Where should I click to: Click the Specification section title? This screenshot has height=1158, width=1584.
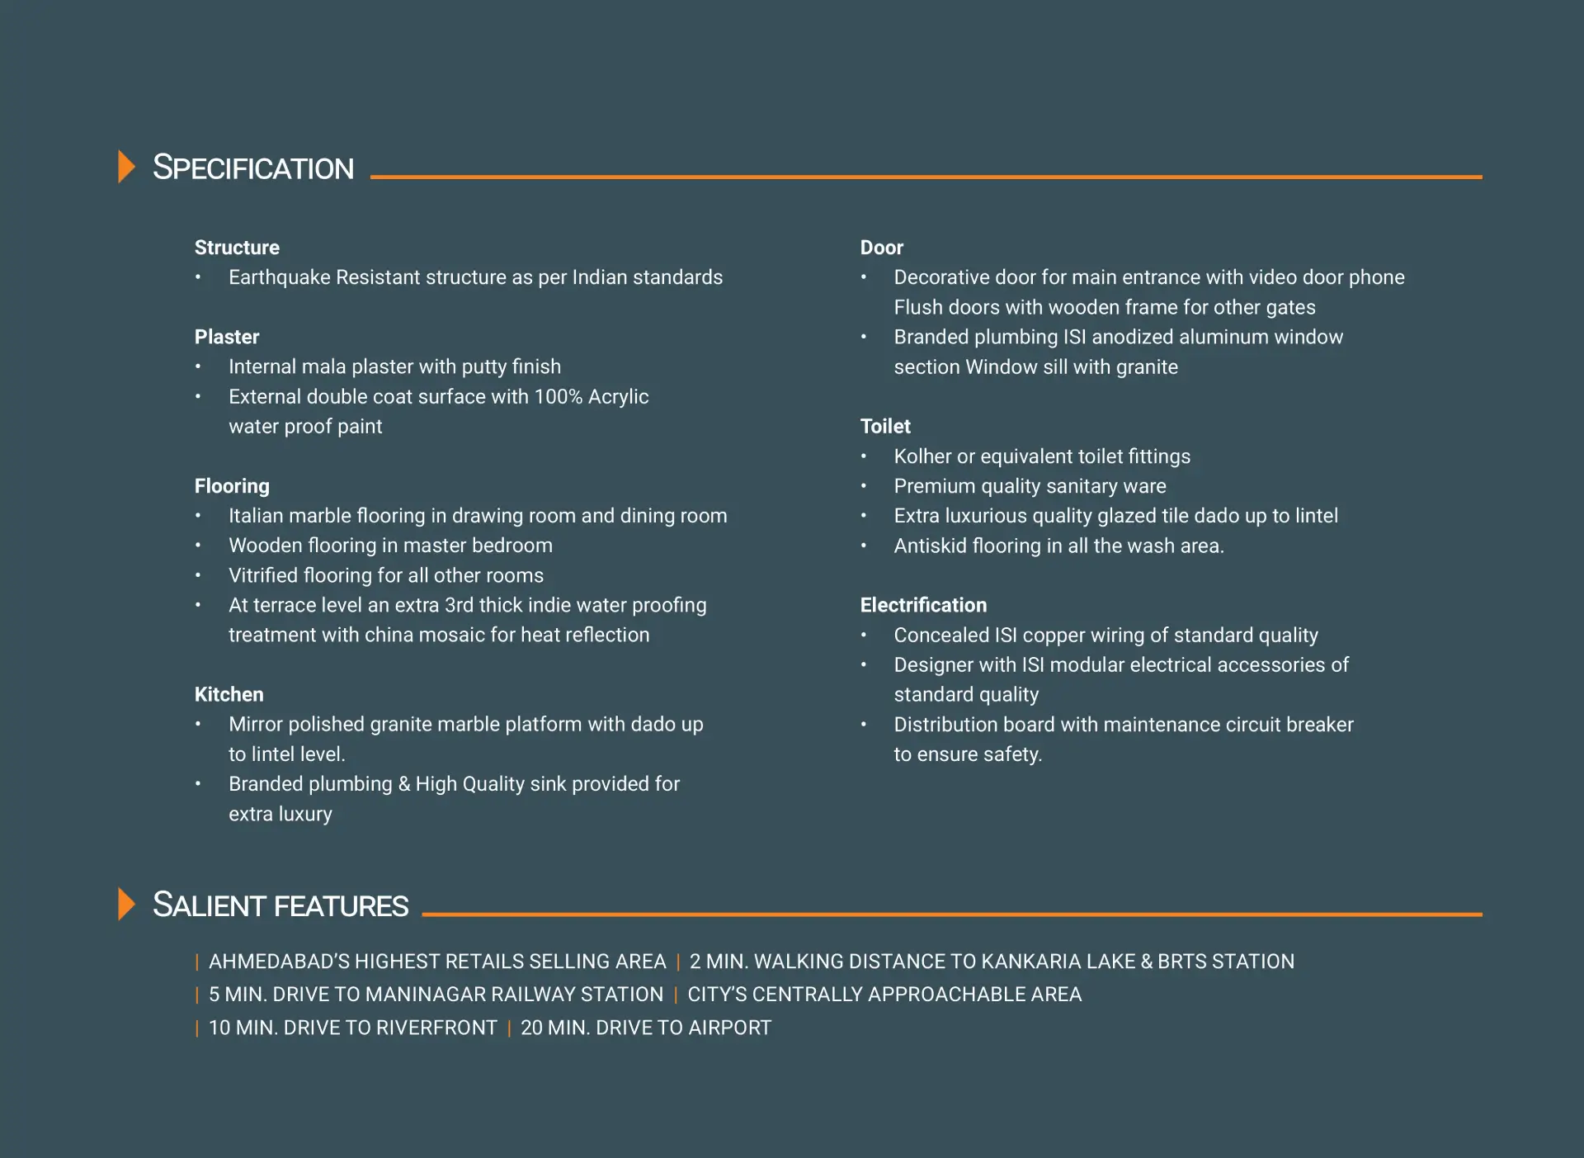253,168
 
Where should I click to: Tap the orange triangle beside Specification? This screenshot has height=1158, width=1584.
126,167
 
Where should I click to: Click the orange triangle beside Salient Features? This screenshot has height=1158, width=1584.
126,904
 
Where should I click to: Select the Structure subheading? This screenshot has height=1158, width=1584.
237,248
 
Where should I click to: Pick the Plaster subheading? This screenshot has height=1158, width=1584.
227,337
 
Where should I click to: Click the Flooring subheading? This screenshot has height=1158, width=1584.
232,486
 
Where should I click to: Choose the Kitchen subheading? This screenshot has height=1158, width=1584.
229,694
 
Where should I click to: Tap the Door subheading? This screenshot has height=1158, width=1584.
881,248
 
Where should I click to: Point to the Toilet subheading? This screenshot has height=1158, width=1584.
885,427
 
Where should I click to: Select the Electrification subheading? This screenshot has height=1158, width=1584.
923,605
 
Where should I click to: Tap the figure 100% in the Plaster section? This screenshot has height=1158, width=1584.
559,397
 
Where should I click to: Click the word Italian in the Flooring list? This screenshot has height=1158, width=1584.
256,516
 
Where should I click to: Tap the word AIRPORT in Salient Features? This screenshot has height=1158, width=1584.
729,1028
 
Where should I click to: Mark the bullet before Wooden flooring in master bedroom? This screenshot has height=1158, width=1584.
198,546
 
